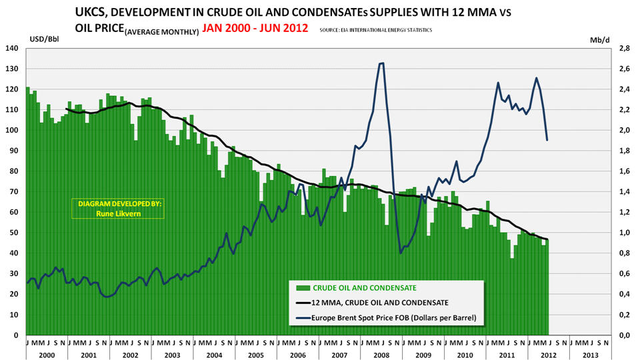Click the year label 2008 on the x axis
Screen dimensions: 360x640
pyautogui.click(x=382, y=355)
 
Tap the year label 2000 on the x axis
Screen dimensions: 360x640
pyautogui.click(x=47, y=355)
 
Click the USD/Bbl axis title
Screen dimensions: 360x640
pyautogui.click(x=44, y=39)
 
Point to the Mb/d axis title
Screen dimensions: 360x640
pyautogui.click(x=599, y=39)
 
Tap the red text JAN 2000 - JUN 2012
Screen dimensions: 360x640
pyautogui.click(x=255, y=29)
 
